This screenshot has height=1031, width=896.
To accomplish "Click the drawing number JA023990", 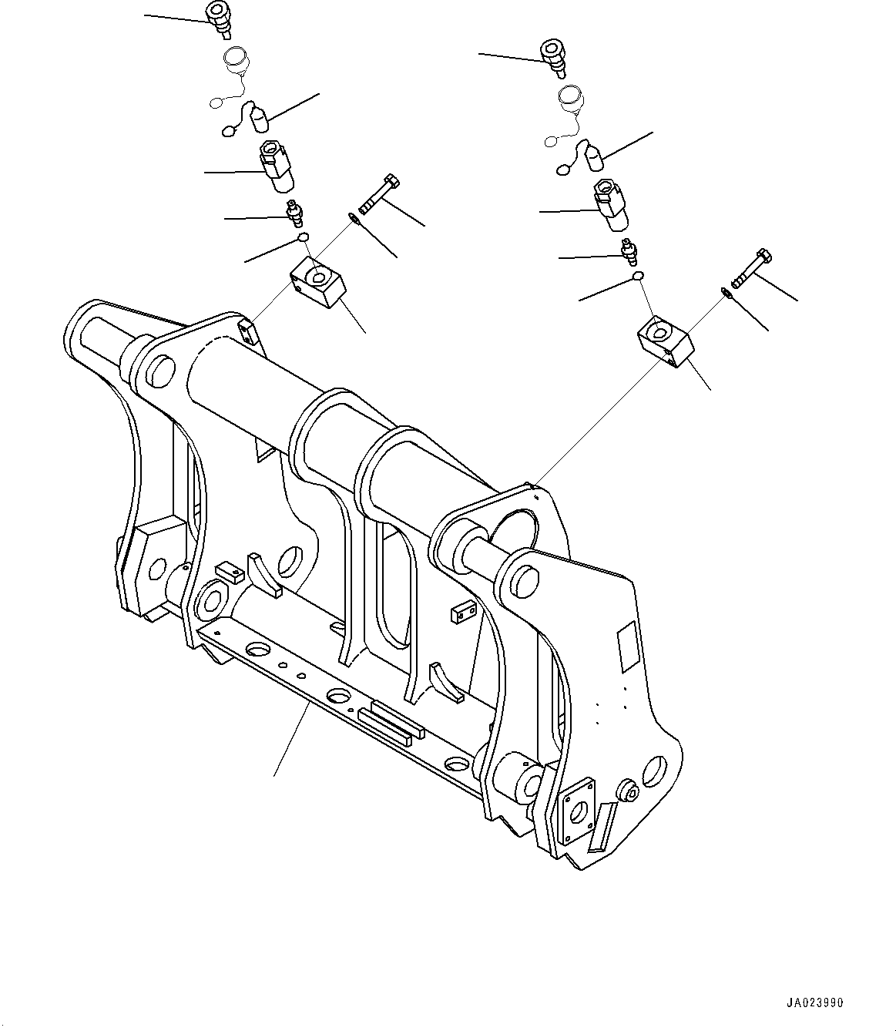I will pos(815,1003).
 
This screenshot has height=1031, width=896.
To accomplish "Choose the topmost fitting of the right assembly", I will pos(553,56).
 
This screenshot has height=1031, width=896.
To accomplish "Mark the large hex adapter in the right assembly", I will pos(610,205).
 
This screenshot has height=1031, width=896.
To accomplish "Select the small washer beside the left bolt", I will pos(353,217).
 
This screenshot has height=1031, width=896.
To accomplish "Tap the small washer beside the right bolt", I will pos(726,291).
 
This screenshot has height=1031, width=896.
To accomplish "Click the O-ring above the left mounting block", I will pos(304,237).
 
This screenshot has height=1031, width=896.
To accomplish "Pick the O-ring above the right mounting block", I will pos(638,276).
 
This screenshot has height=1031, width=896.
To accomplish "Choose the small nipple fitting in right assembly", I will pos(629,250).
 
